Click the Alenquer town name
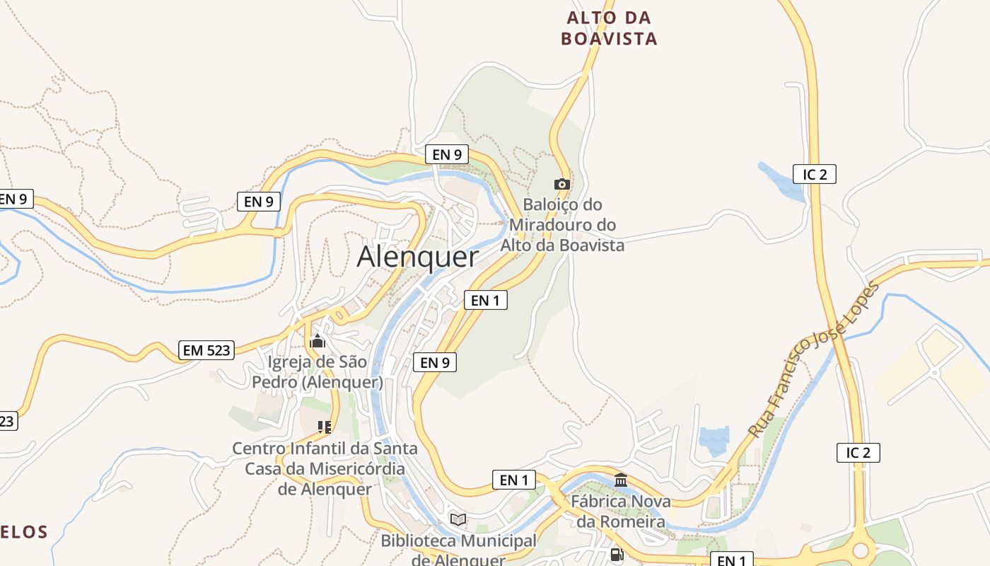point(417,256)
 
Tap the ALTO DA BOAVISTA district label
point(609,28)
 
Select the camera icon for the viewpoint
point(562,184)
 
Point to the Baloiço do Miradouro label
point(563,225)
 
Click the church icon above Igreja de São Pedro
point(318,342)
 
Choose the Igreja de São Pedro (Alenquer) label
point(318,372)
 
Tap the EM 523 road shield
point(206,350)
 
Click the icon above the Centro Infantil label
point(325,427)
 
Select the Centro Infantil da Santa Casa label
point(325,468)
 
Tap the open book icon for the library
point(458,519)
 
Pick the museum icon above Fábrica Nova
point(621,480)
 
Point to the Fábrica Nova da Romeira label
point(621,512)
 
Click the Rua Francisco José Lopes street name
point(813,359)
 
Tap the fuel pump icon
point(617,555)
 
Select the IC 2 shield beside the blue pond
point(814,174)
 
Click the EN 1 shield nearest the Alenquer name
point(485,300)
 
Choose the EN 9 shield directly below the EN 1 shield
point(434,362)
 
